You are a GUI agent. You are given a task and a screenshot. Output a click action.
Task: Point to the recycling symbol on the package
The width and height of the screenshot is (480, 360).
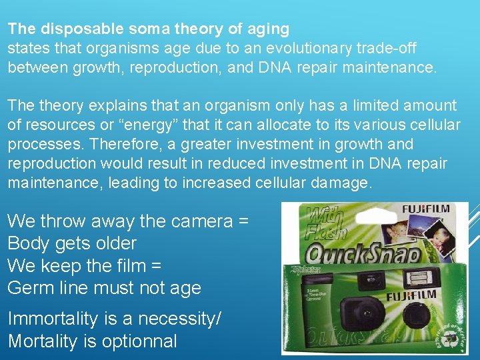click(451, 337)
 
